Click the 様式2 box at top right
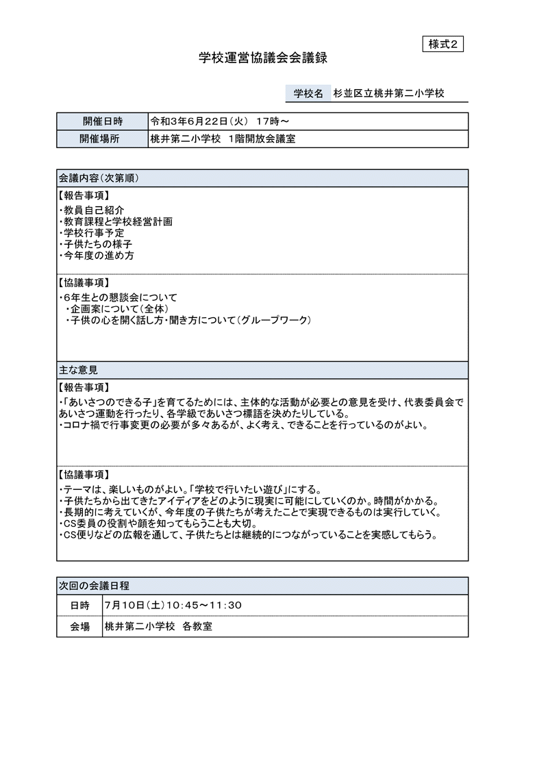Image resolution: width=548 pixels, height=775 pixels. coord(443,44)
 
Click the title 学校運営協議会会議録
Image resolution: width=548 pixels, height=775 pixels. coord(263,58)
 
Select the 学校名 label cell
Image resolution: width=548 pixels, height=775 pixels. coord(308,93)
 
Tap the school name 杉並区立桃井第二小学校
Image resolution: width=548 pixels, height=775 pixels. coord(388,93)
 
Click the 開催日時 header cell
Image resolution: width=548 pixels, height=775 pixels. coord(103,121)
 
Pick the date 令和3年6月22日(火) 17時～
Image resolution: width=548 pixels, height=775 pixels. coord(219,121)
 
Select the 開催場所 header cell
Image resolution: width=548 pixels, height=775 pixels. coord(103,138)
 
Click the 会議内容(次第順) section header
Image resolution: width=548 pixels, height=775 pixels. coord(99,177)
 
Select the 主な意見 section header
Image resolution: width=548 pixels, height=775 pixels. coord(78,370)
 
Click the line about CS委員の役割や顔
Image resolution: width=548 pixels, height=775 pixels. coord(159,524)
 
